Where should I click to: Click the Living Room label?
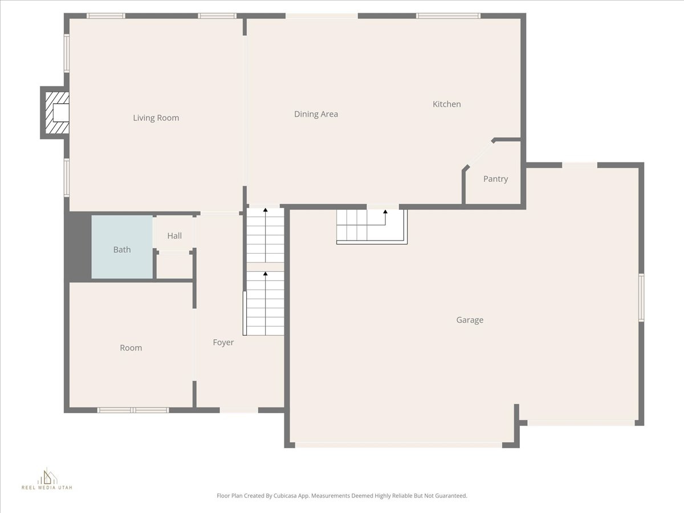(156, 118)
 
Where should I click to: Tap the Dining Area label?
(316, 114)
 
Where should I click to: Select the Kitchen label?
(446, 104)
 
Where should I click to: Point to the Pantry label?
(495, 179)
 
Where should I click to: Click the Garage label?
(469, 320)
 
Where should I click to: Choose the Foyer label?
(223, 343)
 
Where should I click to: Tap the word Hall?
(174, 235)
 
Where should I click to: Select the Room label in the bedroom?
(131, 348)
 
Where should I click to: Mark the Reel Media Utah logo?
(47, 479)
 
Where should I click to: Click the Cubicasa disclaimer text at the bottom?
(341, 496)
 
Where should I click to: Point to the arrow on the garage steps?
(385, 213)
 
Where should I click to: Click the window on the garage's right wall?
(641, 297)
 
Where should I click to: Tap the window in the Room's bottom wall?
(133, 410)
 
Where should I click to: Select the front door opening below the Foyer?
(239, 410)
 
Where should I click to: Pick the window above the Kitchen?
(448, 16)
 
